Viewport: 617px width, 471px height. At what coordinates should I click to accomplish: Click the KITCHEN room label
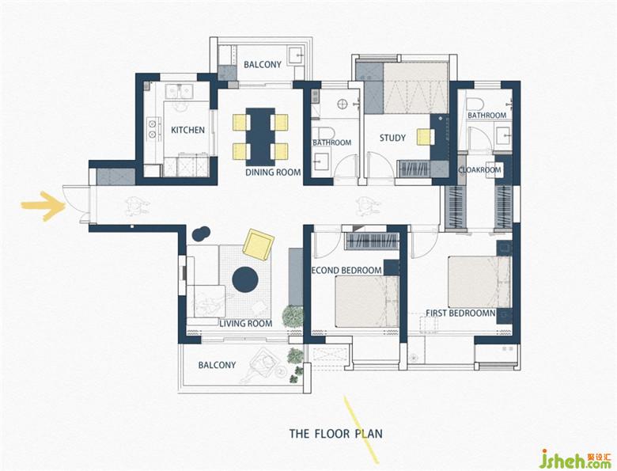187,130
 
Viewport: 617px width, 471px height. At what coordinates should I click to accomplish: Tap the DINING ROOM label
273,172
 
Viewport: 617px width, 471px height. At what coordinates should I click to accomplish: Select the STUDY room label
392,138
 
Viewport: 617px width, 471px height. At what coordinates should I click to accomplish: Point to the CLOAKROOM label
479,169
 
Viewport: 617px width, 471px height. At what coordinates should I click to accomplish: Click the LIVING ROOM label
245,324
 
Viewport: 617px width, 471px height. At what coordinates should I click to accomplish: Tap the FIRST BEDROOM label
461,313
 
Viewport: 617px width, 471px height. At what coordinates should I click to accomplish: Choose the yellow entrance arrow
44,205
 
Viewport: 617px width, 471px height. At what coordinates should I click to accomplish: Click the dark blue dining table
260,137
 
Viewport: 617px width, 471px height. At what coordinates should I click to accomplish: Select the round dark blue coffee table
245,279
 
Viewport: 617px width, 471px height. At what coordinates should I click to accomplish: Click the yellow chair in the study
424,137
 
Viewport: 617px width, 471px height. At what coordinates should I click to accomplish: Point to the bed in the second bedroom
367,302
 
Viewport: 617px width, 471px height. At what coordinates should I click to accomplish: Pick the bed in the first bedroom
479,282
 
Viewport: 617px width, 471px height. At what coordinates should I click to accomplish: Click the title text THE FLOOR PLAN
336,434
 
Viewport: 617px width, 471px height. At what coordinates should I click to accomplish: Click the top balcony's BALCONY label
263,65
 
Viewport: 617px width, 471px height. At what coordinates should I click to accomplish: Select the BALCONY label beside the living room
217,365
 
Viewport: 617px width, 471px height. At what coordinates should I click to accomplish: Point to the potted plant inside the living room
293,316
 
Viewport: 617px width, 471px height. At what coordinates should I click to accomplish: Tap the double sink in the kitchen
179,91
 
